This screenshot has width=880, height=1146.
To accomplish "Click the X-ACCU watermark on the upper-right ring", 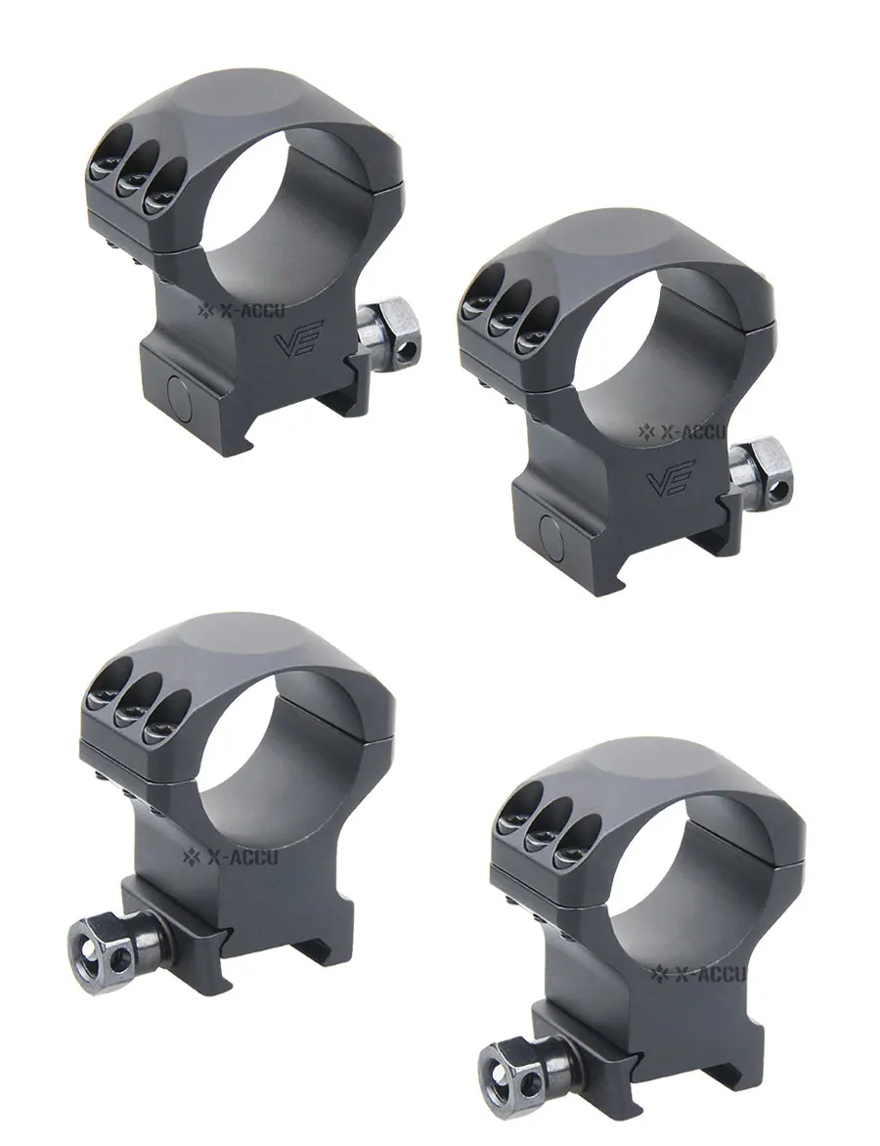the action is pos(682,431).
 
